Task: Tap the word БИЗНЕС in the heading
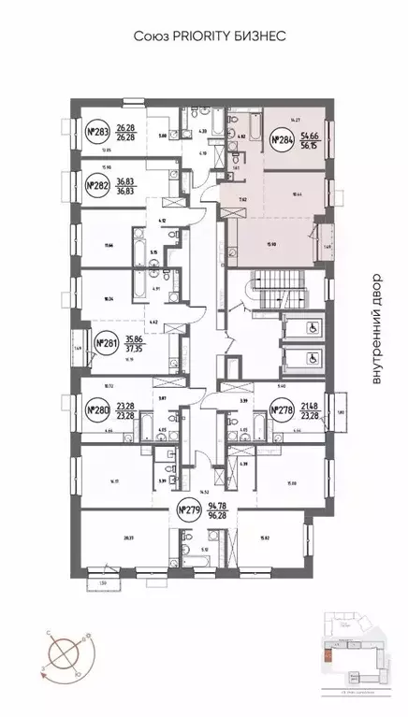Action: (x=251, y=35)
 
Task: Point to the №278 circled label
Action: (x=281, y=409)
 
